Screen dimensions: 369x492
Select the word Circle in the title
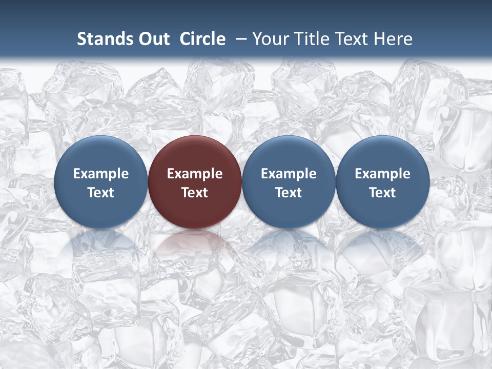pos(202,39)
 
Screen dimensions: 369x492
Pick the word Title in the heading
pos(311,39)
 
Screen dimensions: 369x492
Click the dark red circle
pos(195,154)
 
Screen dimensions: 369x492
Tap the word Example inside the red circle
pos(195,174)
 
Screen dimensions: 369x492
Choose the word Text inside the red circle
pos(195,193)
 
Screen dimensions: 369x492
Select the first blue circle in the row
pos(100,154)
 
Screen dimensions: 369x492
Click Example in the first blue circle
pos(100,174)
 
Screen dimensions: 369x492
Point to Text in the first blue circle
pos(100,193)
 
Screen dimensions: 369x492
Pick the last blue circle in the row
pos(382,154)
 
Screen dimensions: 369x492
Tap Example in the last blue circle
pos(382,174)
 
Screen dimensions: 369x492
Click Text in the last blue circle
pos(382,193)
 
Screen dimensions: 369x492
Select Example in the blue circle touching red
pos(289,174)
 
